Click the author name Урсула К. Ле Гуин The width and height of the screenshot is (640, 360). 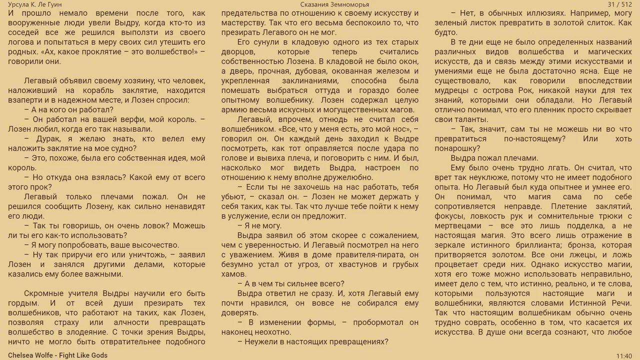point(35,4)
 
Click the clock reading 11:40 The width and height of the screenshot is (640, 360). point(624,356)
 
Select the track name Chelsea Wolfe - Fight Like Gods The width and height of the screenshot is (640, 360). point(57,355)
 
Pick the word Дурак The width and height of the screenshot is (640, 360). point(48,139)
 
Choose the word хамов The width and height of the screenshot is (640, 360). point(233,274)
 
